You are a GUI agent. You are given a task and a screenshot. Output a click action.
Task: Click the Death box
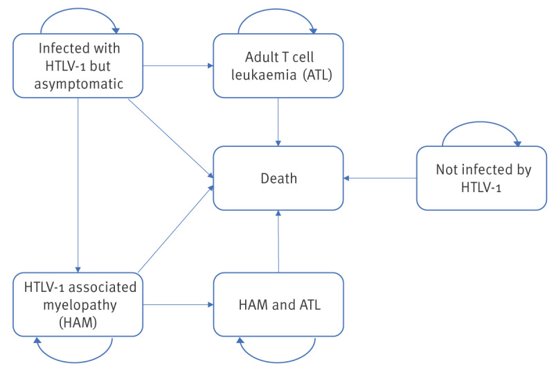[x=278, y=178]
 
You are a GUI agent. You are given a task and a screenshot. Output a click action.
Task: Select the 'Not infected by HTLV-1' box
[x=481, y=178]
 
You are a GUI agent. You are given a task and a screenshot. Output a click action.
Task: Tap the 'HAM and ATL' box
[x=278, y=304]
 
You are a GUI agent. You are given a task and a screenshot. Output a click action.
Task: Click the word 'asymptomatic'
[x=78, y=84]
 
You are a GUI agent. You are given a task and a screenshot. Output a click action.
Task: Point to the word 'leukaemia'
[x=264, y=75]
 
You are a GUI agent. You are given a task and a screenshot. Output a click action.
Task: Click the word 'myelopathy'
[x=80, y=305]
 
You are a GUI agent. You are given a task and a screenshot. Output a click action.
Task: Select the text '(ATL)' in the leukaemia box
[x=317, y=75]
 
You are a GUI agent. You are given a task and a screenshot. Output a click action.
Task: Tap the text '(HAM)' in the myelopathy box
[x=78, y=322]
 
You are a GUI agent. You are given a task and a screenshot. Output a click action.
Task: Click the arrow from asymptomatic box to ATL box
[x=178, y=65]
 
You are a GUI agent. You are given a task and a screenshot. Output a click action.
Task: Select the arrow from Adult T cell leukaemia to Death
[x=278, y=122]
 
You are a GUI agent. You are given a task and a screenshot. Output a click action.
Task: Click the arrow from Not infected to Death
[x=380, y=178]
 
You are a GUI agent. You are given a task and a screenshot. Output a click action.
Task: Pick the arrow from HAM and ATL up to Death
[x=278, y=241]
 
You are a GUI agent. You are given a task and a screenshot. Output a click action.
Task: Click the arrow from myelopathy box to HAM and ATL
[x=178, y=304]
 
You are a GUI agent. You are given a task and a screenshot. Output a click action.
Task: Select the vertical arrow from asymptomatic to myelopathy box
[x=78, y=185]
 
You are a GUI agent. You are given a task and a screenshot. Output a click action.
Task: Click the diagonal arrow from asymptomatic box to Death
[x=171, y=139]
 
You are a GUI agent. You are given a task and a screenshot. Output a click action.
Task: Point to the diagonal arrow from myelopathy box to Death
[x=176, y=229]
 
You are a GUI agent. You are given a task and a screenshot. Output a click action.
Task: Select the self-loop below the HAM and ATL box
[x=278, y=363]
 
